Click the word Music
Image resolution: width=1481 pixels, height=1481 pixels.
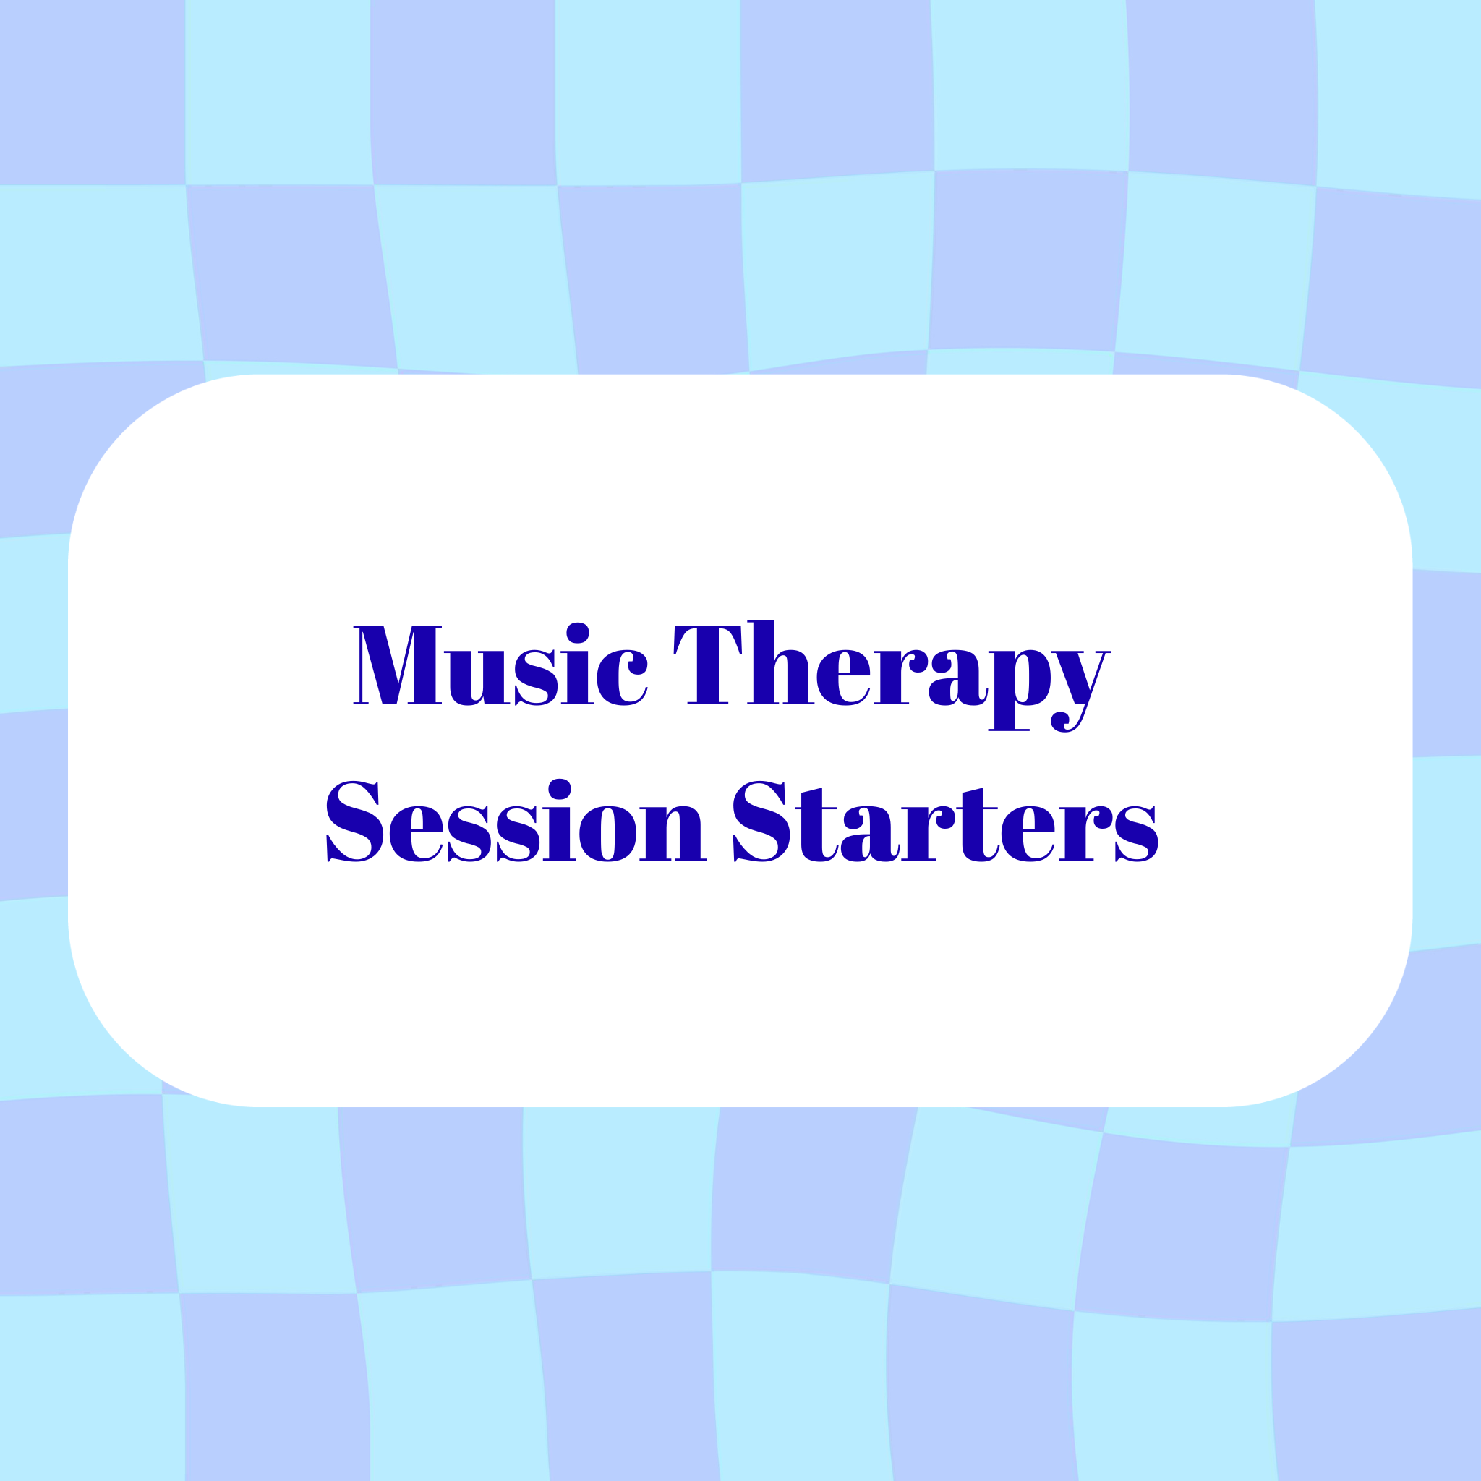(500, 664)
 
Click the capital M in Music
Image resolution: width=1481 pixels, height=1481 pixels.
(397, 665)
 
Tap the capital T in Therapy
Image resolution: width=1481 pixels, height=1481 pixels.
(707, 665)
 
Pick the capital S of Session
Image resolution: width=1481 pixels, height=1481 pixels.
(355, 821)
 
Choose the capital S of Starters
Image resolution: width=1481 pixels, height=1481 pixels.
(761, 821)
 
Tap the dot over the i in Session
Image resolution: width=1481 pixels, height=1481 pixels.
(560, 789)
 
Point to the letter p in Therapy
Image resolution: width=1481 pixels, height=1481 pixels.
(1019, 691)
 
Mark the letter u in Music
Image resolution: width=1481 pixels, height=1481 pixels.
(477, 678)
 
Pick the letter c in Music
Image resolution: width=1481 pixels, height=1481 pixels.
(622, 678)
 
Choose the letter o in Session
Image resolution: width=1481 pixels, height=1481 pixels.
(608, 834)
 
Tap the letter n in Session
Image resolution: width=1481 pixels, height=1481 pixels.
(673, 833)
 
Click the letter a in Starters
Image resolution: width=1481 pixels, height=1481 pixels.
(870, 834)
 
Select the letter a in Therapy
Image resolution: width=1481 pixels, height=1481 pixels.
(958, 678)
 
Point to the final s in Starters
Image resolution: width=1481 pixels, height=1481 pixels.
(1137, 834)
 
